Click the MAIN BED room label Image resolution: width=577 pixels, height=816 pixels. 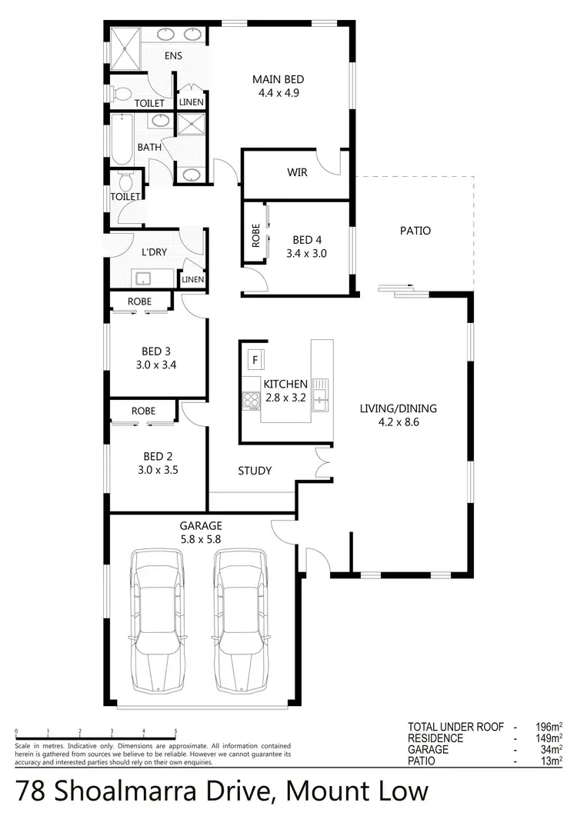click(278, 79)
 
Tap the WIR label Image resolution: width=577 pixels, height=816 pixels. click(297, 172)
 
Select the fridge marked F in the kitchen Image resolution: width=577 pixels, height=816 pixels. click(255, 358)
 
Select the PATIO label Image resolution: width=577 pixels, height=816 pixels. click(415, 231)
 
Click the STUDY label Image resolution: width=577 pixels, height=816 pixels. click(254, 471)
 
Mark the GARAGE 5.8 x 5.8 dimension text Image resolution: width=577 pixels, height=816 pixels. click(202, 539)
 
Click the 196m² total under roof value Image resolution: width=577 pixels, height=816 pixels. click(549, 727)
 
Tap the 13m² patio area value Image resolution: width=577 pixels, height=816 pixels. click(552, 761)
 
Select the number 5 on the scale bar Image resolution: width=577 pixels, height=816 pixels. click(175, 731)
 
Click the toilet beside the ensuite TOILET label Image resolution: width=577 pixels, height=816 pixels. click(120, 94)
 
